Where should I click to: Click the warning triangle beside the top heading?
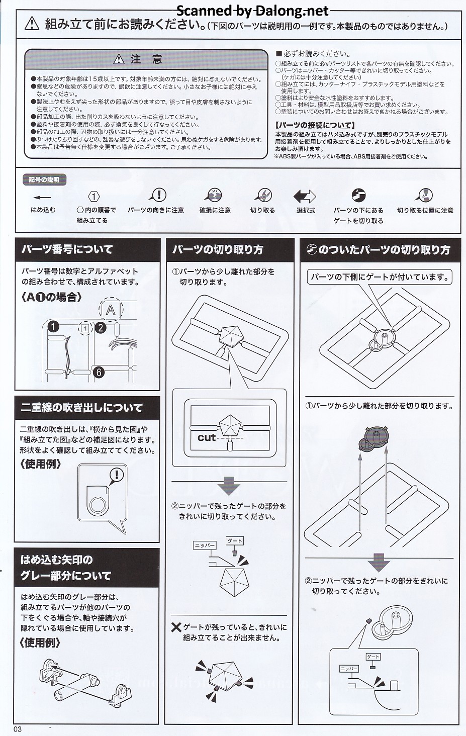[32, 24]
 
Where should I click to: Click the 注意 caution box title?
[146, 59]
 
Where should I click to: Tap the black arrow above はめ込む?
[42, 198]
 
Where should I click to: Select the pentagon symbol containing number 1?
[94, 197]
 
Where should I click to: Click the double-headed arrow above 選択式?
[305, 196]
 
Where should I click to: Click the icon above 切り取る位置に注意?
[424, 195]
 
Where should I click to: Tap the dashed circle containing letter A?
[111, 310]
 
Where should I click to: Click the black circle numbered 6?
[99, 372]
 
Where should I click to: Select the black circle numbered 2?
[101, 328]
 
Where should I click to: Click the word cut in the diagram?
[207, 438]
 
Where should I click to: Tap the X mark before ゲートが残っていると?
[176, 627]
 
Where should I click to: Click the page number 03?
[18, 729]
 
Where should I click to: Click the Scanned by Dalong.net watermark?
[253, 11]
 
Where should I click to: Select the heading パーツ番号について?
[67, 249]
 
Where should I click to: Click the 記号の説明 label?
[44, 180]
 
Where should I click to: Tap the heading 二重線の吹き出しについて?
[81, 408]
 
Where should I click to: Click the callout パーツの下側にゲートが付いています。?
[380, 278]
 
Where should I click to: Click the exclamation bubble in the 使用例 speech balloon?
[116, 475]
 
